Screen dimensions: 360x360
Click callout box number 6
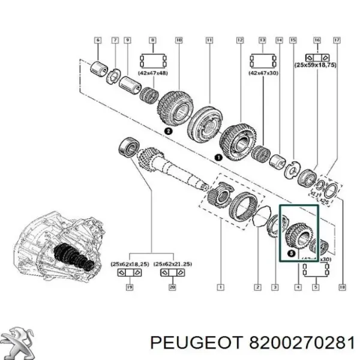coord(98,40)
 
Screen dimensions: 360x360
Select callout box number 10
coord(179,40)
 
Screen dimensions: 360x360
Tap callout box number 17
coord(337,40)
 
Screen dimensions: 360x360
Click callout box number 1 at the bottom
coord(220,287)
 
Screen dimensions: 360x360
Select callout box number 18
coord(342,287)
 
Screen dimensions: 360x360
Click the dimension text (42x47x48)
coord(152,72)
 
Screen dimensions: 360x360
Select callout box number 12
coord(239,40)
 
